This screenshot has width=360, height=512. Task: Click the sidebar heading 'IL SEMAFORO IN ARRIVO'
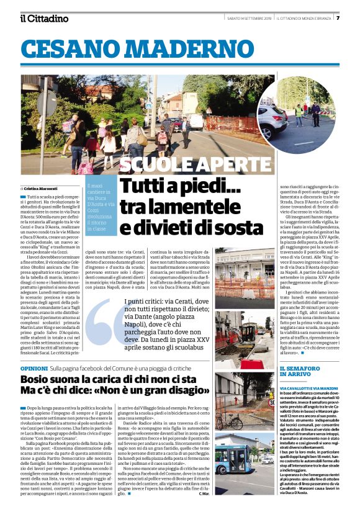295,372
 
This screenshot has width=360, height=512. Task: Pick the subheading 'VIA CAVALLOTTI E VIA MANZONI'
302,388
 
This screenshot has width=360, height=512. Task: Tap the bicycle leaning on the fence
230,420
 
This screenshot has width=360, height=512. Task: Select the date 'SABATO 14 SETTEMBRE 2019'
245,18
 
